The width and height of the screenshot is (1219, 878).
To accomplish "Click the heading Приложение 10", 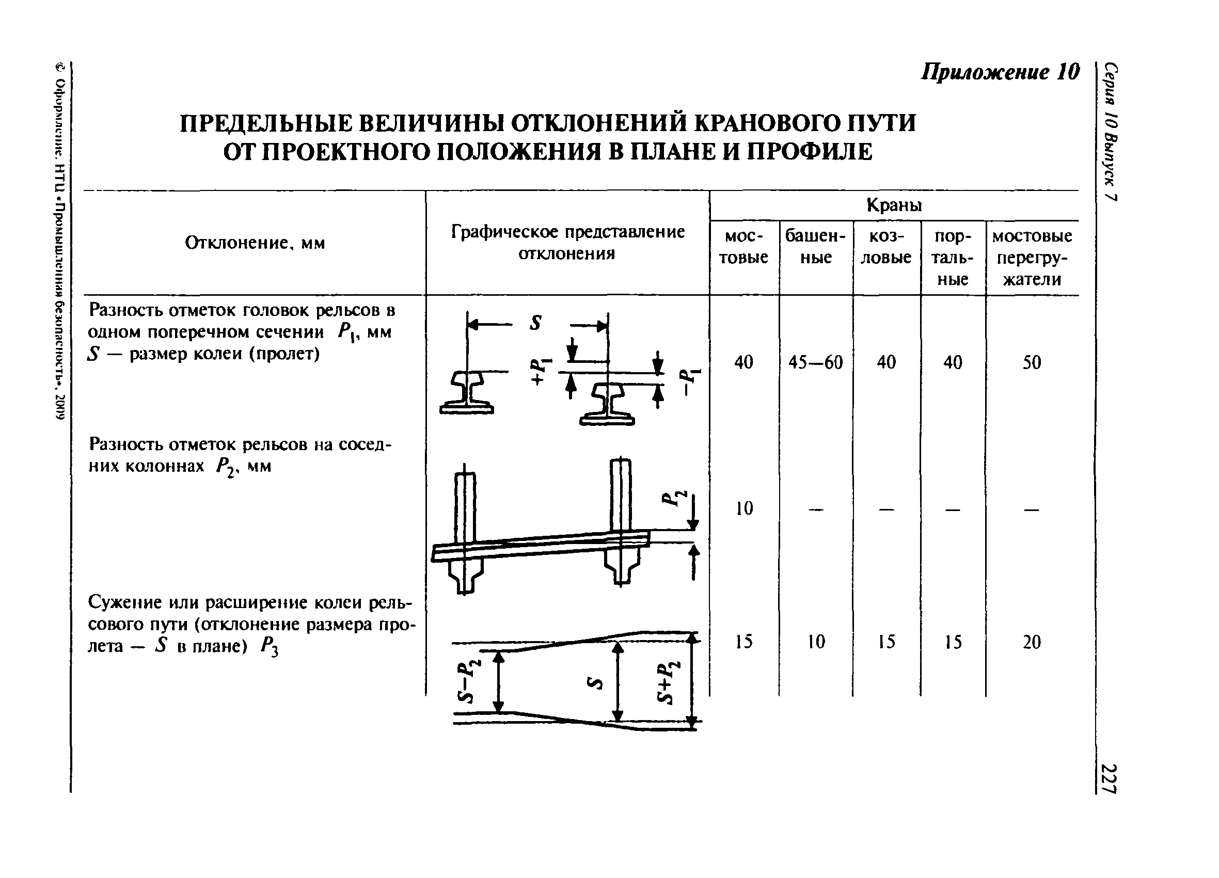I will (1000, 72).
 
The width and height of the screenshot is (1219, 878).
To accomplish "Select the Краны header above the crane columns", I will (894, 205).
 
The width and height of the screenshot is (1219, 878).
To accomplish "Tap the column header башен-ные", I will (815, 247).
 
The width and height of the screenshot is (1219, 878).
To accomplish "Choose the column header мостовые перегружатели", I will (1032, 258).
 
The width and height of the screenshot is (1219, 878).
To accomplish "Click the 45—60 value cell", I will (815, 363).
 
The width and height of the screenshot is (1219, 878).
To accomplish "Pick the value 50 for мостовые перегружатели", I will (1032, 363).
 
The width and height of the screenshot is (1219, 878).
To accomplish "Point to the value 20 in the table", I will (1032, 642).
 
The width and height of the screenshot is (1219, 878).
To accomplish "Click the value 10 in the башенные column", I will (816, 642).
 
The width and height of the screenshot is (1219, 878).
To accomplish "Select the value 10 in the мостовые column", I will (744, 508).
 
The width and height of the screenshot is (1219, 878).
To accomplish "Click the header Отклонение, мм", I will (255, 244).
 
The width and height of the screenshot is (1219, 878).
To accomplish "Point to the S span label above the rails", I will (535, 323).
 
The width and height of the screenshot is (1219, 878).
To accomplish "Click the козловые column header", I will (886, 247).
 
